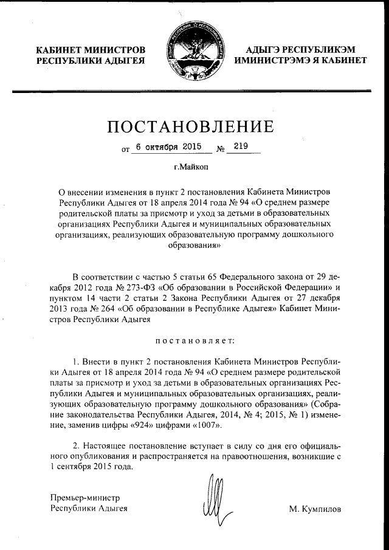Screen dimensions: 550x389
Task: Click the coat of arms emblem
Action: pos(194,50)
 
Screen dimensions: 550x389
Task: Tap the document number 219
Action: pos(241,146)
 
